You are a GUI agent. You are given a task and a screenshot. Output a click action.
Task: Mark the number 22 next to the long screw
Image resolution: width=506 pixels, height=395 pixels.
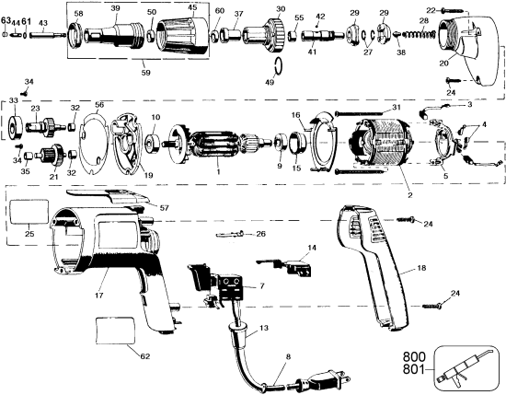[431, 8]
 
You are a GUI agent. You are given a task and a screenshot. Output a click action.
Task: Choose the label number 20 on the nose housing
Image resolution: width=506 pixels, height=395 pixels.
[443, 64]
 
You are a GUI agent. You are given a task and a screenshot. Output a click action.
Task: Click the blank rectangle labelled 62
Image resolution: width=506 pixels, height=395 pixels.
[120, 329]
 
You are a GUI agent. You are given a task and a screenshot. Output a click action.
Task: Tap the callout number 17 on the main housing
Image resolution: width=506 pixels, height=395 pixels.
[98, 297]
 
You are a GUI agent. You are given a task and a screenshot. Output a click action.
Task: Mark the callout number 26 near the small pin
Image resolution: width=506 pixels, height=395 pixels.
[260, 234]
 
